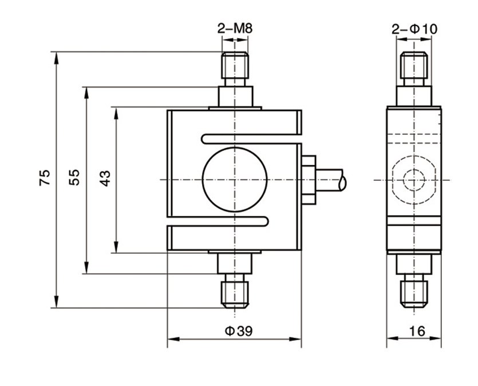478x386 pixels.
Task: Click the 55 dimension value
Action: pyautogui.click(x=75, y=178)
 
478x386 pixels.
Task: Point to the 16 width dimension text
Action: pyautogui.click(x=417, y=330)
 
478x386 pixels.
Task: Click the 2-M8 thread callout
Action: pyautogui.click(x=234, y=28)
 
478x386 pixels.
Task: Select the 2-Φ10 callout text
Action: pyautogui.click(x=414, y=28)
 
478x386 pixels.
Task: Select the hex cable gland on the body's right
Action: pyautogui.click(x=309, y=180)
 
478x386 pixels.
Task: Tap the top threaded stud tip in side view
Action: pyautogui.click(x=414, y=65)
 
